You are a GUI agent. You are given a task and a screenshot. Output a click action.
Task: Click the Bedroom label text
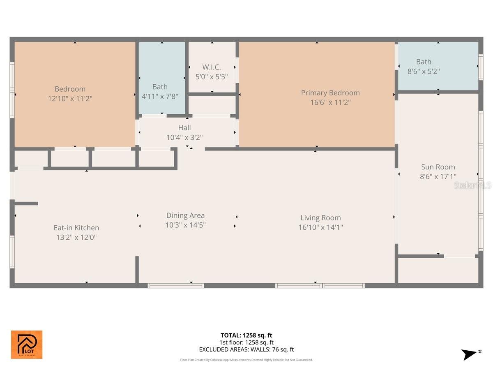point(70,89)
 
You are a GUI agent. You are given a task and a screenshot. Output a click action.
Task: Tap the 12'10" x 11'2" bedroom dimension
point(70,99)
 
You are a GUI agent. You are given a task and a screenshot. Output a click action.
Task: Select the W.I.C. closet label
point(212,67)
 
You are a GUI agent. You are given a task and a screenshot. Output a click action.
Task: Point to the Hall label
point(184,128)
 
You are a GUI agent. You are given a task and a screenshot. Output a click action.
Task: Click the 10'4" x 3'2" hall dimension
point(184,137)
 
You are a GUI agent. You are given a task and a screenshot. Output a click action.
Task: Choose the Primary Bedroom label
point(330,93)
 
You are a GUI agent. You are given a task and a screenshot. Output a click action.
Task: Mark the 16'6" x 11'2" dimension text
point(330,102)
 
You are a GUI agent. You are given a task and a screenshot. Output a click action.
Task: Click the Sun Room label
point(438,167)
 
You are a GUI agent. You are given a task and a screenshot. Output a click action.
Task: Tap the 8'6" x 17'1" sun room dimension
point(438,176)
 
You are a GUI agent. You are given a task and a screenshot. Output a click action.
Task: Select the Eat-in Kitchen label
point(76,228)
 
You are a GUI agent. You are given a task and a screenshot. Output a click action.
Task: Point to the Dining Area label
point(185,215)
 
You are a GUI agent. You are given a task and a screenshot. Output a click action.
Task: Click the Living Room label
point(320,218)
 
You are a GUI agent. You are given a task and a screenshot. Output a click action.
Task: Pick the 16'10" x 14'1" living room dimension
point(320,227)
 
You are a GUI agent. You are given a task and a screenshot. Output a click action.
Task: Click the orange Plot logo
point(27,345)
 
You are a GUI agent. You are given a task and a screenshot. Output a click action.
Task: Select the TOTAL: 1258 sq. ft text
point(246,335)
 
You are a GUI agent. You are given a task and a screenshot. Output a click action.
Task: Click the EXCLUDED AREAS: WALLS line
point(246,349)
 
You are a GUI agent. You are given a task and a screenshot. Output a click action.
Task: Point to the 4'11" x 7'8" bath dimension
point(160,96)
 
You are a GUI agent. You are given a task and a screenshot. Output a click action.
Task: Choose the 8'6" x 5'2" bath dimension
point(424,71)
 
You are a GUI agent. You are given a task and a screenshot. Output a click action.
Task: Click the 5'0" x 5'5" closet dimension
point(212,76)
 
